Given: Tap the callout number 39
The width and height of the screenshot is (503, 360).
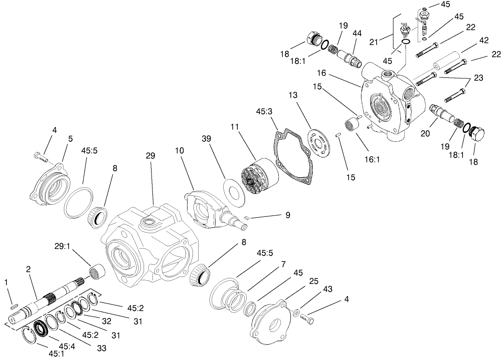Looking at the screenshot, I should pos(207,139).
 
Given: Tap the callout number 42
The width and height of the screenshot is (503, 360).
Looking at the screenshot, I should pos(484,40).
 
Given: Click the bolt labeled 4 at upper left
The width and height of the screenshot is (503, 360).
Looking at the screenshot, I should pos(41,156).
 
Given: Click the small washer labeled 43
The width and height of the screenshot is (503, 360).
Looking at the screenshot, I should pos(297,311).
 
